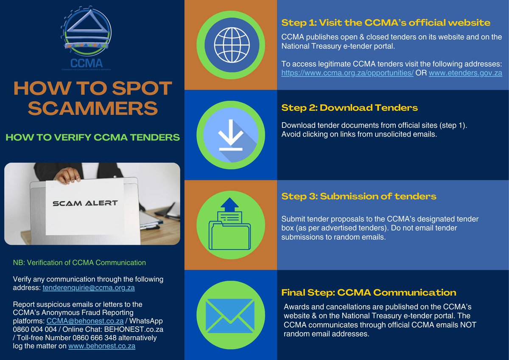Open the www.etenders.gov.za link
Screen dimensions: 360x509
(465, 73)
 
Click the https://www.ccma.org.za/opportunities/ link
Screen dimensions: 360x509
(347, 73)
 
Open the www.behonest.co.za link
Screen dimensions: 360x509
(102, 346)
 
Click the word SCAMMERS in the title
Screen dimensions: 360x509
(92, 108)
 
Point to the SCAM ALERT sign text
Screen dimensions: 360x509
(85, 203)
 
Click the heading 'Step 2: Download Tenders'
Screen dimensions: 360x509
(350, 108)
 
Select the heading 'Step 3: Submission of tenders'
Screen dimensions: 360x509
(359, 197)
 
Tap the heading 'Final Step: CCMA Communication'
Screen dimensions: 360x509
(369, 292)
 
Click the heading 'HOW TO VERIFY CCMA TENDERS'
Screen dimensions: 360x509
(92, 138)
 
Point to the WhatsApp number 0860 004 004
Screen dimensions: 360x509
(34, 329)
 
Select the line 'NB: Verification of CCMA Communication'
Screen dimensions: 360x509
(79, 262)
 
